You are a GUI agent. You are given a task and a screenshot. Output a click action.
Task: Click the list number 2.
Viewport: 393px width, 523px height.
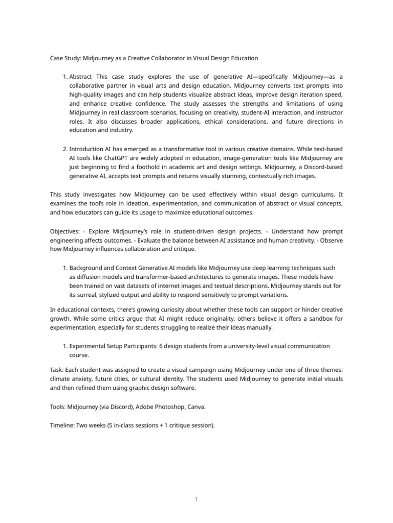[65, 149]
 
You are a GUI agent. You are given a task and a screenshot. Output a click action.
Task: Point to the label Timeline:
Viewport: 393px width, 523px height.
[62, 424]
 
